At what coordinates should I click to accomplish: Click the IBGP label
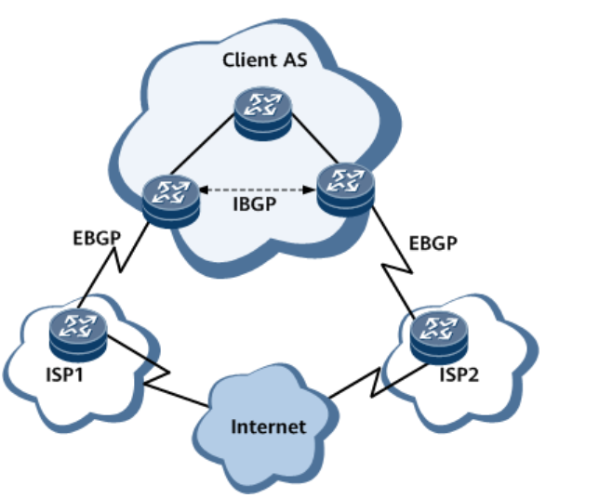[x=255, y=206]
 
